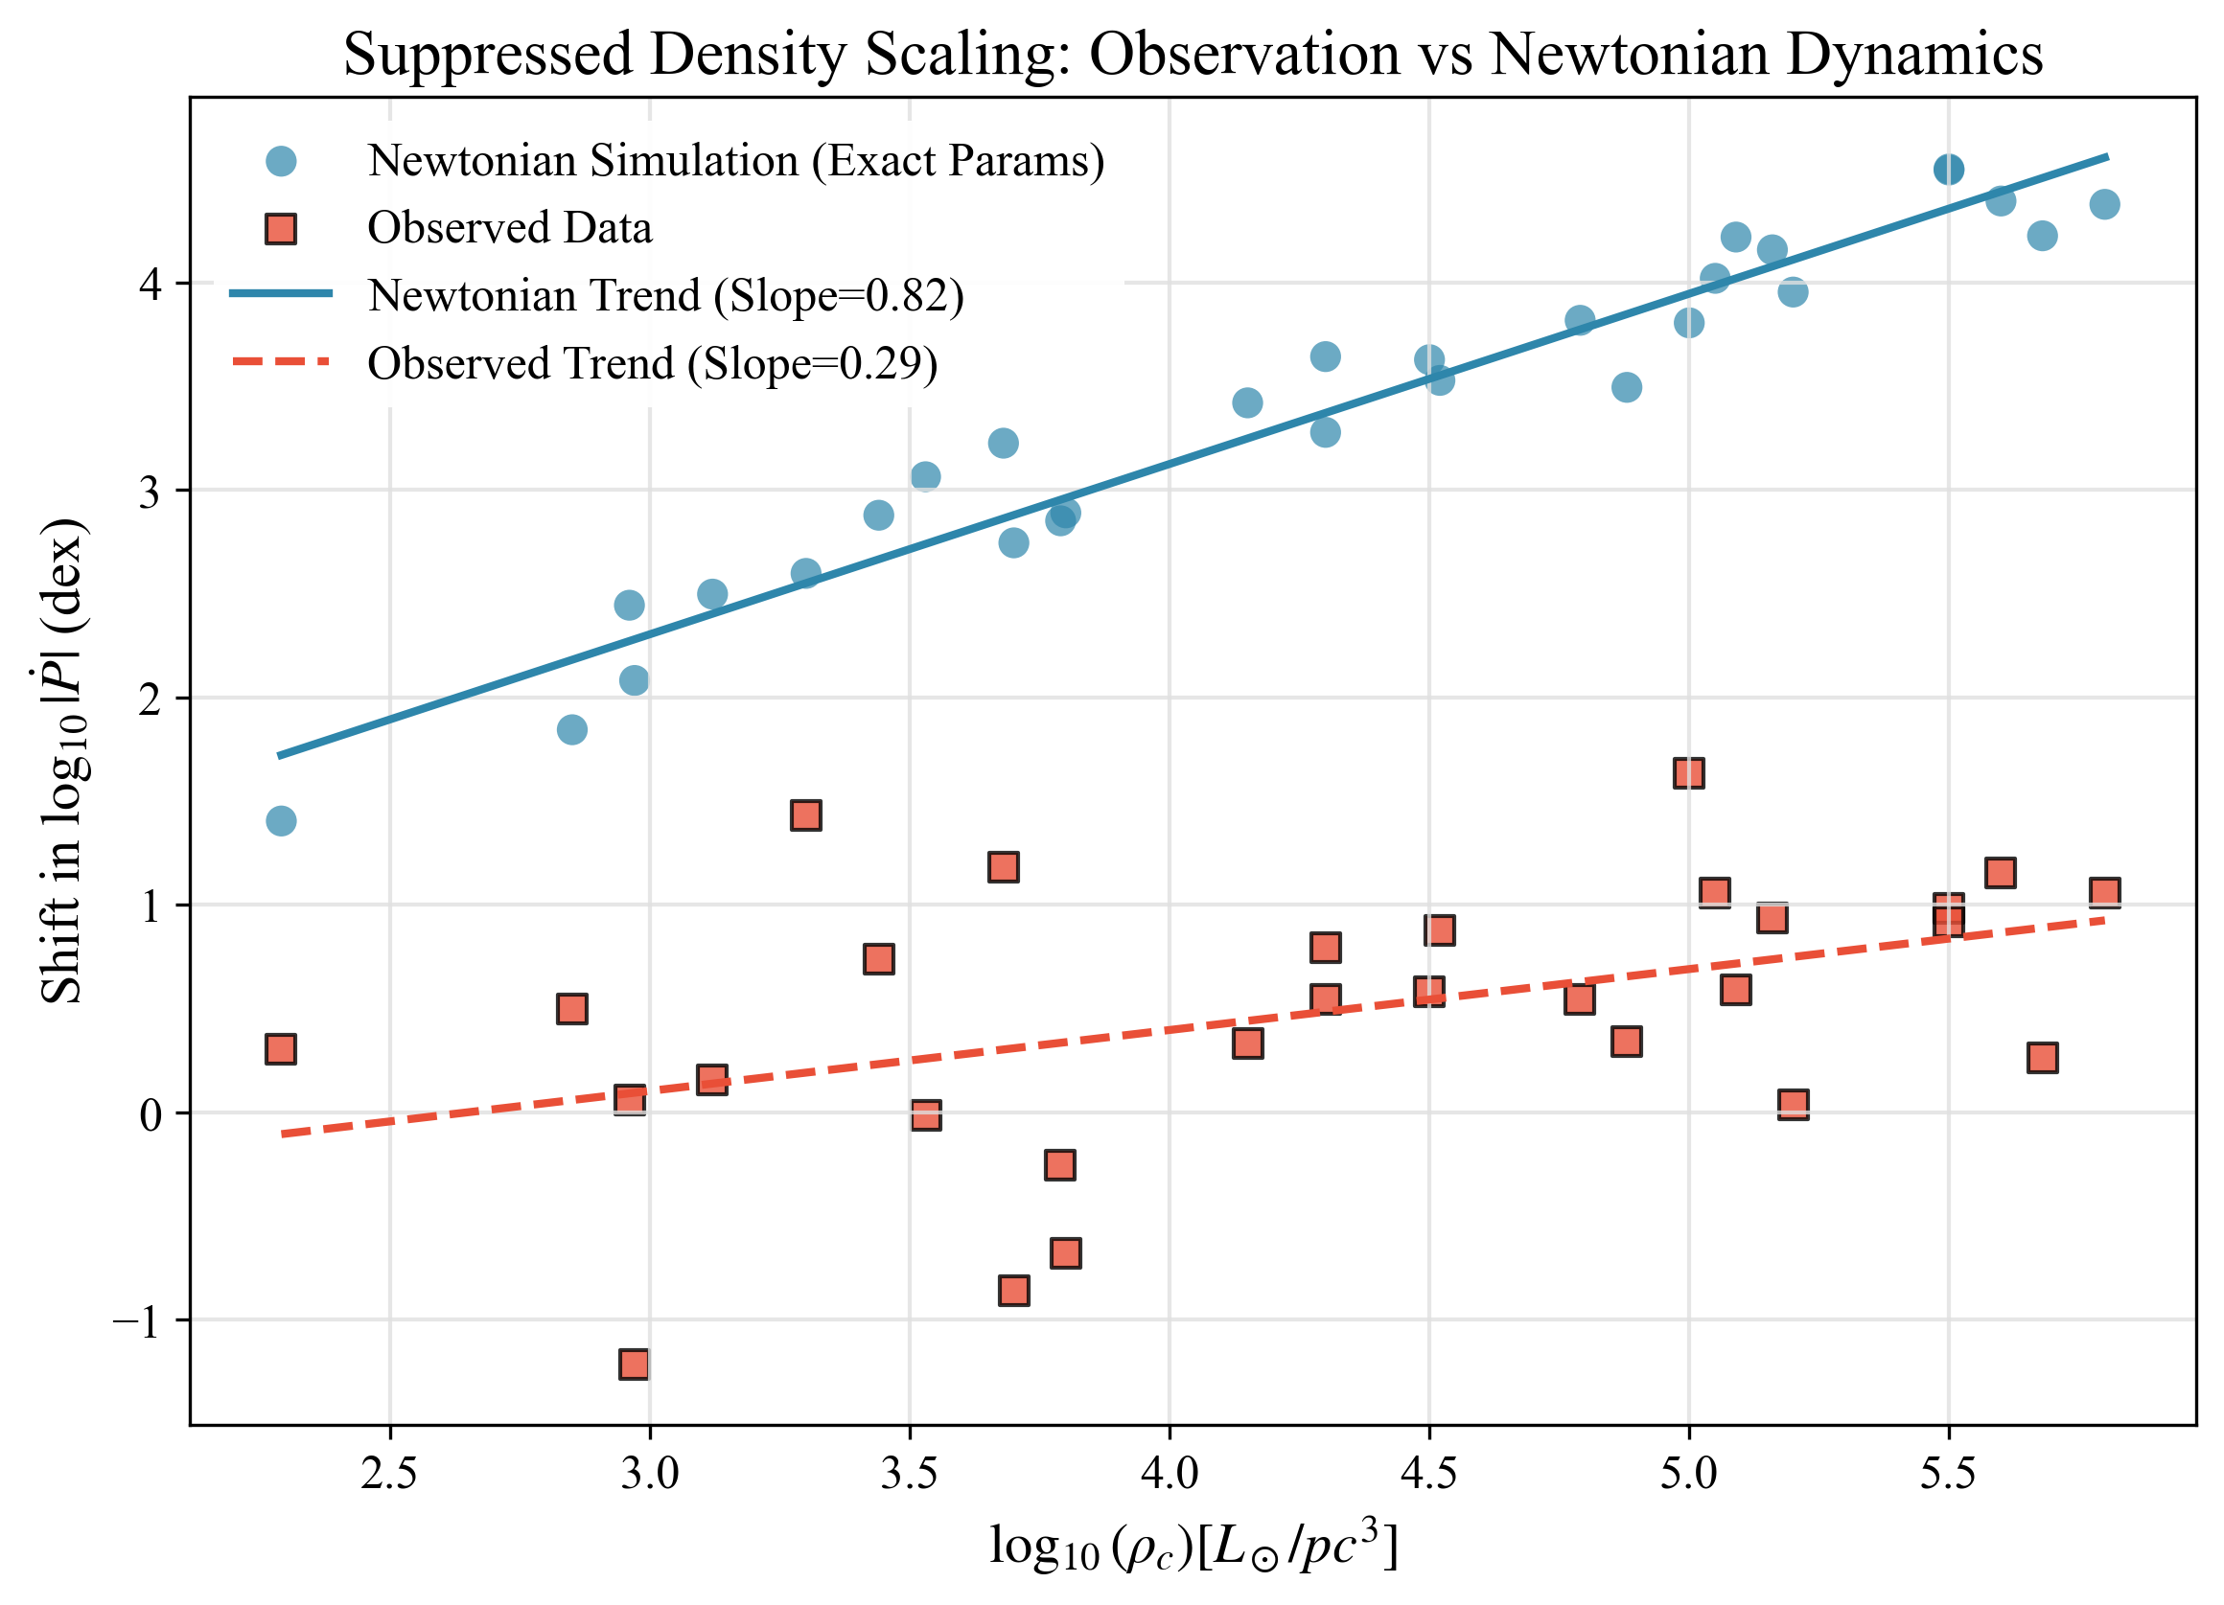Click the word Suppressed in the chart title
click(489, 54)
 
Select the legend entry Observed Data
click(509, 228)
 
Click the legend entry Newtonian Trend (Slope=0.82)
click(666, 296)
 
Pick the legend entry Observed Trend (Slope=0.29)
click(652, 364)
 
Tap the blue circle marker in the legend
click(282, 161)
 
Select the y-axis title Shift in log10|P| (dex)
click(62, 760)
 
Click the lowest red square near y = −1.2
click(635, 1364)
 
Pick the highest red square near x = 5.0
click(1688, 773)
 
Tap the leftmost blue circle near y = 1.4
click(282, 820)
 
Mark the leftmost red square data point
click(281, 1050)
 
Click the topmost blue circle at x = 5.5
click(1949, 170)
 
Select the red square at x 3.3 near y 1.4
click(806, 815)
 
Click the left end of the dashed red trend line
click(281, 1135)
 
